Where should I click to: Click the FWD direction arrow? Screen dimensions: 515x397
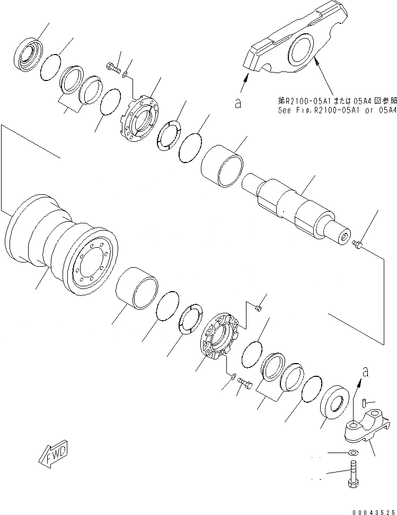[x=53, y=452]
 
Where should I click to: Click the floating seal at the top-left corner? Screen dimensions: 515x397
[x=28, y=51]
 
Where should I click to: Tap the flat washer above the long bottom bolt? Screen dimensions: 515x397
[x=352, y=453]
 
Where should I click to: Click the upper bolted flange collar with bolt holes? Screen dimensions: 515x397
[x=140, y=124]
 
